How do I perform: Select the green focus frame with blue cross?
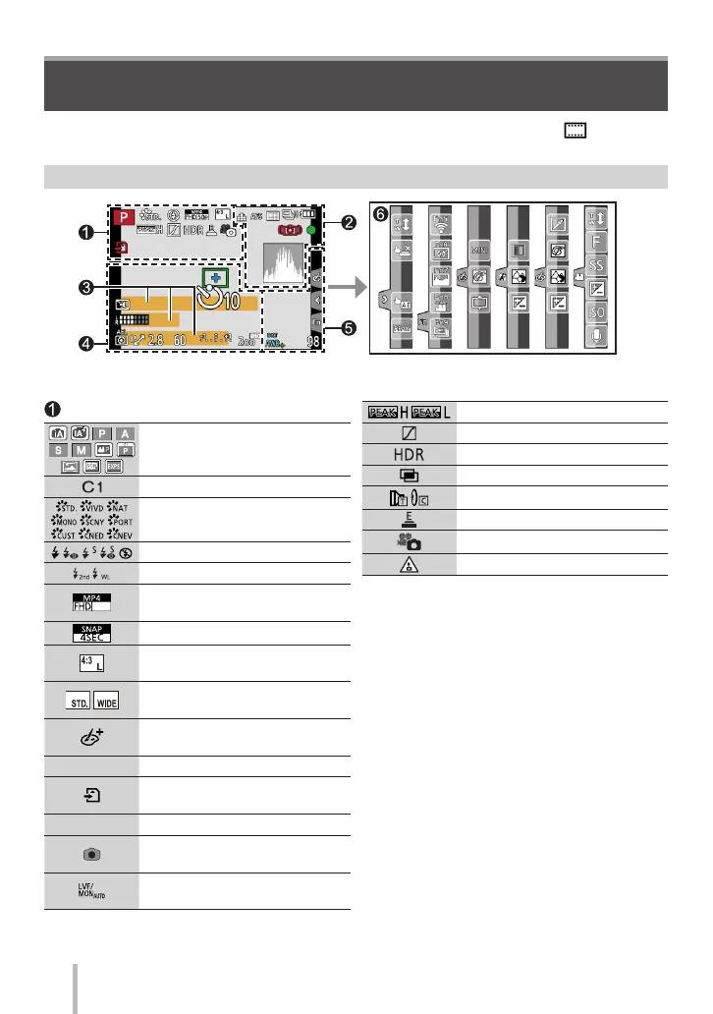(214, 278)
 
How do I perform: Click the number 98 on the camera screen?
(312, 342)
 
